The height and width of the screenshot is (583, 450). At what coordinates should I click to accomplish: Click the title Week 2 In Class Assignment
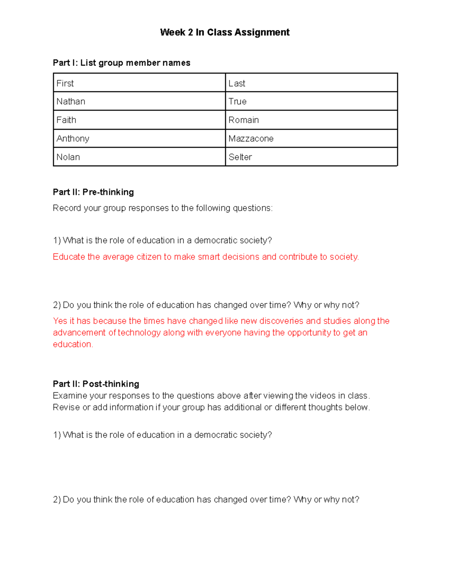pyautogui.click(x=225, y=32)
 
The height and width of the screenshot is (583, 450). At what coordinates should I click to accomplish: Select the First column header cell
pyautogui.click(x=65, y=83)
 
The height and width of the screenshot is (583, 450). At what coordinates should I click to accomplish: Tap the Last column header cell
pyautogui.click(x=237, y=83)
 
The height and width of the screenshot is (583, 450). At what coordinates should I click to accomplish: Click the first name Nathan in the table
pyautogui.click(x=71, y=101)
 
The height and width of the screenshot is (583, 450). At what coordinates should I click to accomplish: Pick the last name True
pyautogui.click(x=237, y=101)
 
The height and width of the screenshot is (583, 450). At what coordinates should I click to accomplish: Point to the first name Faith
pyautogui.click(x=66, y=120)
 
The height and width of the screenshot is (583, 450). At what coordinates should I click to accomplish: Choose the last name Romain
pyautogui.click(x=244, y=120)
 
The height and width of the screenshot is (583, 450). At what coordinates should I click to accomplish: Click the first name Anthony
pyautogui.click(x=73, y=139)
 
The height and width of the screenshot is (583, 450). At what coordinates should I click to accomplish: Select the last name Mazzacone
pyautogui.click(x=251, y=139)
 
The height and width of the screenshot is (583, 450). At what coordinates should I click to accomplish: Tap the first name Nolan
pyautogui.click(x=68, y=157)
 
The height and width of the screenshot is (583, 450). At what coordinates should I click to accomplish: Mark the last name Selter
pyautogui.click(x=240, y=157)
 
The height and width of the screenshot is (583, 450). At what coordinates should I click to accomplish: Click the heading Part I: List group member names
pyautogui.click(x=121, y=63)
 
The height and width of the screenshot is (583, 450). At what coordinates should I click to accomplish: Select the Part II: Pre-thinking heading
pyautogui.click(x=93, y=192)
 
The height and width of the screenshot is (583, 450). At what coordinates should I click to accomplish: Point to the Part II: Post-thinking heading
pyautogui.click(x=96, y=384)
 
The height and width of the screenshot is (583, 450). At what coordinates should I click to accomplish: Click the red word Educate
pyautogui.click(x=69, y=257)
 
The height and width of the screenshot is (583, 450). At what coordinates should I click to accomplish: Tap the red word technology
pyautogui.click(x=139, y=333)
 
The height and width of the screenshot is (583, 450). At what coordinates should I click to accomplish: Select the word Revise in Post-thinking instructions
pyautogui.click(x=66, y=407)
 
